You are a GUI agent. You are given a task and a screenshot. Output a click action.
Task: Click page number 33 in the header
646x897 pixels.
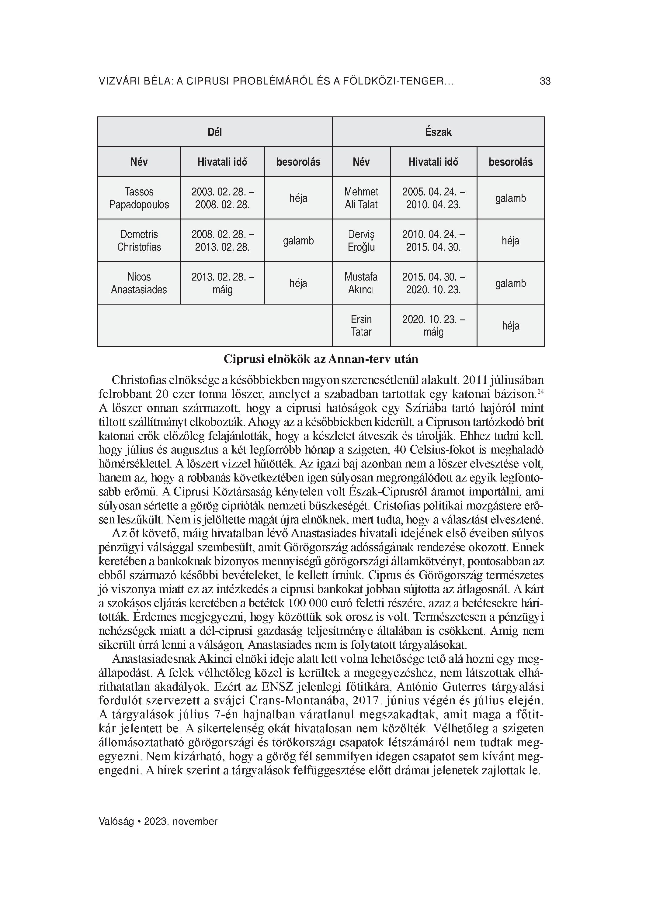coord(545,81)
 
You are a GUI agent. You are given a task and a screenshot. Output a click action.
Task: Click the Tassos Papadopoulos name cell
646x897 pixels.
coord(139,198)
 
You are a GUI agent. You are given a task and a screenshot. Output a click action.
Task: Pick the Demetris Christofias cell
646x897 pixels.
coord(139,240)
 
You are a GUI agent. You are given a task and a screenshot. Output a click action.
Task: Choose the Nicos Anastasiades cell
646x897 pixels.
coord(139,283)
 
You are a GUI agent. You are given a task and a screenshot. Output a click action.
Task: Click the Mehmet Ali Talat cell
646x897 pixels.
coord(361,198)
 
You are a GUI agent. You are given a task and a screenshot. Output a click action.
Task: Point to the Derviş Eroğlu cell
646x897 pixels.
coord(361,240)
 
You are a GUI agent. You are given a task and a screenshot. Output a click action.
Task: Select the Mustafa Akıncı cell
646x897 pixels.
coord(361,283)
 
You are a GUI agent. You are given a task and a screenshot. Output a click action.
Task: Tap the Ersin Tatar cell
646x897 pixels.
coord(361,326)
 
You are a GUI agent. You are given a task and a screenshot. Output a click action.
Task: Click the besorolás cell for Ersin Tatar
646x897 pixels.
coord(511,326)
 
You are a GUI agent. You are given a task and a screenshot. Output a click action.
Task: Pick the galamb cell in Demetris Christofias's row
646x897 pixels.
coord(298,240)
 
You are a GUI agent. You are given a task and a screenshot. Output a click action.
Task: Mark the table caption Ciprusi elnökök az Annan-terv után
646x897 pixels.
coord(321,359)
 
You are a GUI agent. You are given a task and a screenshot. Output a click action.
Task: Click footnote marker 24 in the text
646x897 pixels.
coord(540,392)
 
